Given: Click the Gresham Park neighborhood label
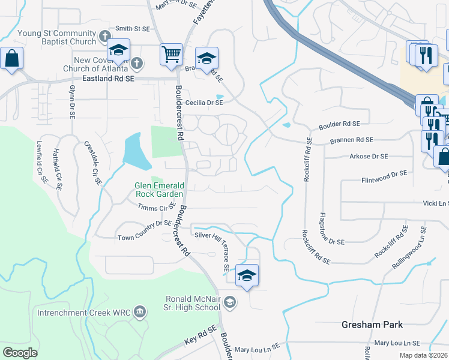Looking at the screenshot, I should pyautogui.click(x=372, y=325).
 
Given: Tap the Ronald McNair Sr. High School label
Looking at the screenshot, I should pyautogui.click(x=193, y=303).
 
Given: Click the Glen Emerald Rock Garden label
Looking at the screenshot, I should pyautogui.click(x=158, y=190).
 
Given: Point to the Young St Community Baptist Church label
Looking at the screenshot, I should pyautogui.click(x=57, y=37).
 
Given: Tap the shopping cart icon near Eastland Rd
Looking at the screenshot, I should pyautogui.click(x=171, y=54).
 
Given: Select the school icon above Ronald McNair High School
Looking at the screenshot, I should pyautogui.click(x=247, y=275).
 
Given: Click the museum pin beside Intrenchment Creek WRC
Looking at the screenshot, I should pyautogui.click(x=140, y=312).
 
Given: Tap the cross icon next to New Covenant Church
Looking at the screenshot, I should pyautogui.click(x=137, y=63).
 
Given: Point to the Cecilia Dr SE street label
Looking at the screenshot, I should pyautogui.click(x=203, y=103).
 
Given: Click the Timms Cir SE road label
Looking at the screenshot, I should pyautogui.click(x=155, y=208).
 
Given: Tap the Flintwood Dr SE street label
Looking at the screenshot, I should pyautogui.click(x=384, y=176).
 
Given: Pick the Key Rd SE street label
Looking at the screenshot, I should pyautogui.click(x=200, y=335).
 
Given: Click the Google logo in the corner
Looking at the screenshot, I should pyautogui.click(x=20, y=353).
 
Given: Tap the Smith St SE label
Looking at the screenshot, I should pyautogui.click(x=132, y=28).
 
